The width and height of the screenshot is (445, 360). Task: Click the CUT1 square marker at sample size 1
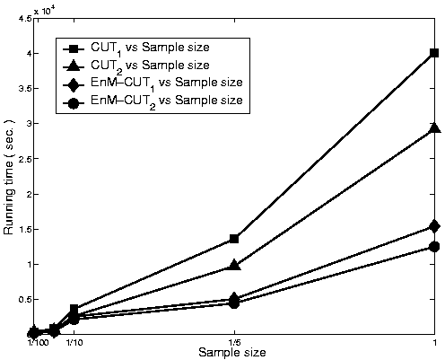tap(434, 53)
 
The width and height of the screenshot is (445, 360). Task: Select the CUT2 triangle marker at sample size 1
tap(434, 128)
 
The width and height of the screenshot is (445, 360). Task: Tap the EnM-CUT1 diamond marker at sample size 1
tap(434, 226)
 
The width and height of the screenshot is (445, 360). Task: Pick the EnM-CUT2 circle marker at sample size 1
tap(434, 247)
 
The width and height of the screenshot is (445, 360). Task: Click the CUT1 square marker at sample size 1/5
tap(234, 239)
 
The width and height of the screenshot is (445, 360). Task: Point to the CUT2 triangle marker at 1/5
tap(234, 265)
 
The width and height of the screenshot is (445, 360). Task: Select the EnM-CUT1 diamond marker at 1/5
tap(234, 298)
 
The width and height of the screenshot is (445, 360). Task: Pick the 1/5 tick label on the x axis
tap(234, 342)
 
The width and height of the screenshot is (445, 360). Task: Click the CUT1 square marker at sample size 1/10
tap(74, 309)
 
